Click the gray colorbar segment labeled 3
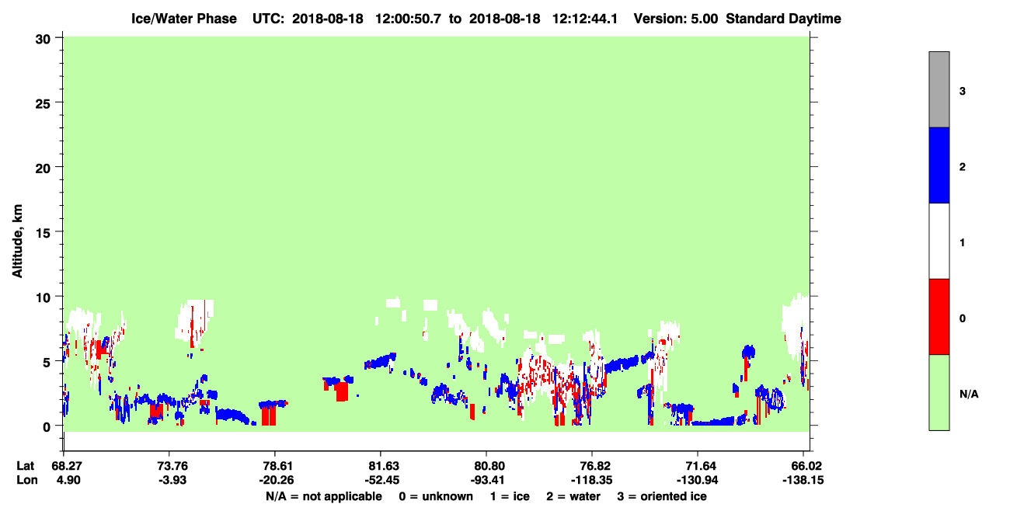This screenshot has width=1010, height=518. [x=939, y=89]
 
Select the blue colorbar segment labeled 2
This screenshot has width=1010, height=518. [x=939, y=165]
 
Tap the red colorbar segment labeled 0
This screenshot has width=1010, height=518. [x=939, y=317]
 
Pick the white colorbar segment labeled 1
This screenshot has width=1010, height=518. [x=939, y=242]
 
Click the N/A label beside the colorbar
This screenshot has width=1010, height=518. [x=969, y=394]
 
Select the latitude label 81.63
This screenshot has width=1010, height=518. [x=384, y=466]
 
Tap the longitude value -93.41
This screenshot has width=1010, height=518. [x=487, y=480]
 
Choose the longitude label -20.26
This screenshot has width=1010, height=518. [x=277, y=480]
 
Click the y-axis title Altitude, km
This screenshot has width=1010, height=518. [x=17, y=241]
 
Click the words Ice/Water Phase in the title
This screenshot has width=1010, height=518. [x=184, y=19]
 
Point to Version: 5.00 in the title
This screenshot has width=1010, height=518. [x=676, y=19]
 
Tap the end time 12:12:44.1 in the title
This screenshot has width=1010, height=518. [x=585, y=19]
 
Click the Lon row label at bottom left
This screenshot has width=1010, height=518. [x=27, y=480]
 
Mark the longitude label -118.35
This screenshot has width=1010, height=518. [x=591, y=480]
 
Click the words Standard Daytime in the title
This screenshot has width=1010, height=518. [x=783, y=19]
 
